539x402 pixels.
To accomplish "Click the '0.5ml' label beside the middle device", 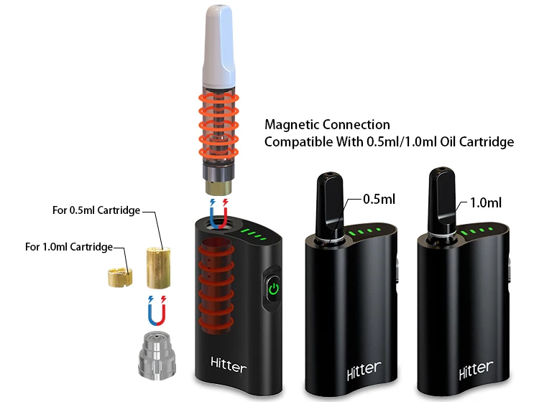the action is point(378,199).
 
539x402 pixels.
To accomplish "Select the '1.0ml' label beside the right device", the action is point(486,202).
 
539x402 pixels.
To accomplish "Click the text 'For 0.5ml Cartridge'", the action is point(96,210).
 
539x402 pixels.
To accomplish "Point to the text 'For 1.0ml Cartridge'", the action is point(69,247).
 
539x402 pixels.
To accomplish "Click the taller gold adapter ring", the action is point(160,266).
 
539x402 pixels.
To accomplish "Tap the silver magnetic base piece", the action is point(157,355).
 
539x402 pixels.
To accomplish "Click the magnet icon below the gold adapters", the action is point(156,309).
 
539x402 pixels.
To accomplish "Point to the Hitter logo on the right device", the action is point(476,370).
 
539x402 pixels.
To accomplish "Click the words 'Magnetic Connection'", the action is point(327,125).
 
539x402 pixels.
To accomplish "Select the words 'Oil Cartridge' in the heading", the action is point(478,142).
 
